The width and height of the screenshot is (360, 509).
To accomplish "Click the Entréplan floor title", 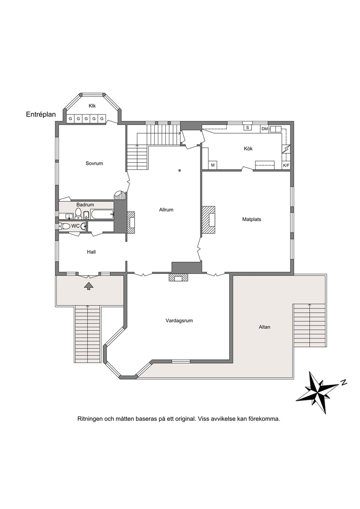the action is [x=41, y=115].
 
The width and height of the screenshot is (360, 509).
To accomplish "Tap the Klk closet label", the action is [x=92, y=106].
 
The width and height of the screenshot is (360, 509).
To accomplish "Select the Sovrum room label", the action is [x=94, y=163].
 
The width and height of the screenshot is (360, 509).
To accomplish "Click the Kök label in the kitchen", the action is [x=248, y=149].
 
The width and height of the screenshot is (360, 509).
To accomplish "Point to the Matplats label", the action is [x=251, y=219].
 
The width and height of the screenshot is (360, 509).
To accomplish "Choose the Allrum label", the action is [x=166, y=210].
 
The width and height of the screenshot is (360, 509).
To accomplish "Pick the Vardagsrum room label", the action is [x=179, y=321].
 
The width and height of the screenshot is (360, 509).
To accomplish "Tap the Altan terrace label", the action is [x=265, y=327].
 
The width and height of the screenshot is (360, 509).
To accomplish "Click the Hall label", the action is [x=91, y=252].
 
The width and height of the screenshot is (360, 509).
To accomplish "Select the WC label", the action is [x=75, y=226].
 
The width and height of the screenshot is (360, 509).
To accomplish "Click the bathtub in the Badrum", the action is [x=102, y=214].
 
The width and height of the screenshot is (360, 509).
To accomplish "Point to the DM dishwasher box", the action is [x=265, y=129].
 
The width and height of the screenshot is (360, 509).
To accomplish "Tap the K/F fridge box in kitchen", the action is [x=286, y=165].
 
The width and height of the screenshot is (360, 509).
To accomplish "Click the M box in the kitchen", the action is [x=213, y=165].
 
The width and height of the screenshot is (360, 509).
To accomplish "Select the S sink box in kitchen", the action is [x=247, y=128].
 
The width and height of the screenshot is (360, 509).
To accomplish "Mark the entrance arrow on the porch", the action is [x=89, y=286].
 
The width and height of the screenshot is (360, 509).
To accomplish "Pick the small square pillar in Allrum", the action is [x=180, y=170].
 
